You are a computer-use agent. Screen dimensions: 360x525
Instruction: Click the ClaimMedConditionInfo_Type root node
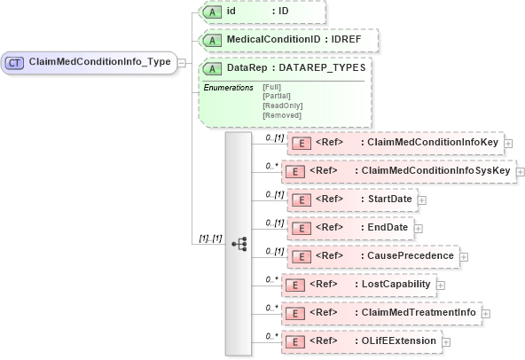(89, 63)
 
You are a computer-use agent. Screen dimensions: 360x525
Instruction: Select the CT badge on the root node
(15, 63)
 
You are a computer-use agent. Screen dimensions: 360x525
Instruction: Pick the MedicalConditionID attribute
(289, 40)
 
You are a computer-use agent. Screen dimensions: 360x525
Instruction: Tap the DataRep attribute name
(247, 67)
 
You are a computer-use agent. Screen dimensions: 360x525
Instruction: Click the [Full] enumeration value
(273, 86)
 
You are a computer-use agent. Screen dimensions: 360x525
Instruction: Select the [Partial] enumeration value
(277, 96)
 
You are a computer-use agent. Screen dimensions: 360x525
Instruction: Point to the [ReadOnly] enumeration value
(282, 106)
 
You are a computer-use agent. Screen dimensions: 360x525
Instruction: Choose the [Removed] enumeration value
(281, 115)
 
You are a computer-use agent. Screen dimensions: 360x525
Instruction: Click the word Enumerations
(229, 87)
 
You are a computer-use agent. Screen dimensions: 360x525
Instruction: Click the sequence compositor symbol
(239, 244)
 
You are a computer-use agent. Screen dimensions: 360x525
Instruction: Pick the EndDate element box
(350, 227)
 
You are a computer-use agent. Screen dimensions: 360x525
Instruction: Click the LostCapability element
(361, 284)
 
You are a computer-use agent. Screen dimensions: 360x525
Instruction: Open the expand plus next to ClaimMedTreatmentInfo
(486, 313)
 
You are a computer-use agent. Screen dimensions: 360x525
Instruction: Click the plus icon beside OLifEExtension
(446, 341)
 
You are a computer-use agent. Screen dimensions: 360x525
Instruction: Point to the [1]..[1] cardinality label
(210, 239)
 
